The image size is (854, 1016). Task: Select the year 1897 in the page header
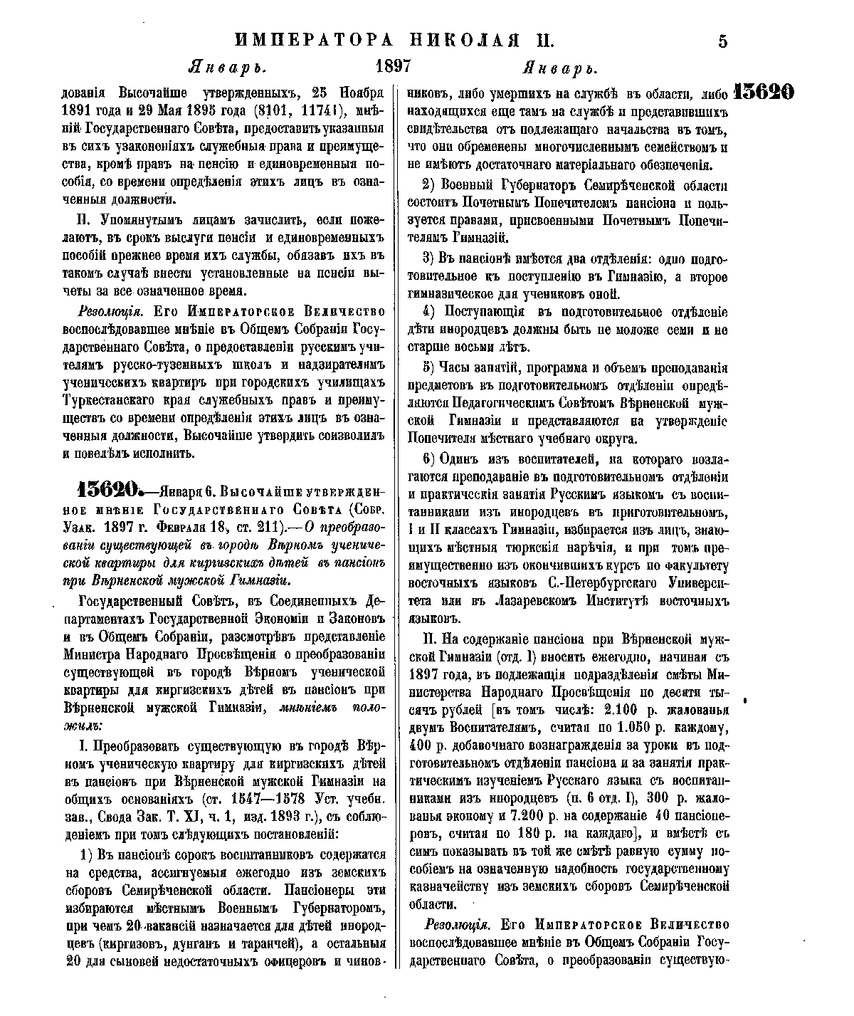[393, 67]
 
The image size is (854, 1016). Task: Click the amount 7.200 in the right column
[540, 815]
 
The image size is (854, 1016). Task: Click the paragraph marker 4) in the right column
[428, 311]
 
